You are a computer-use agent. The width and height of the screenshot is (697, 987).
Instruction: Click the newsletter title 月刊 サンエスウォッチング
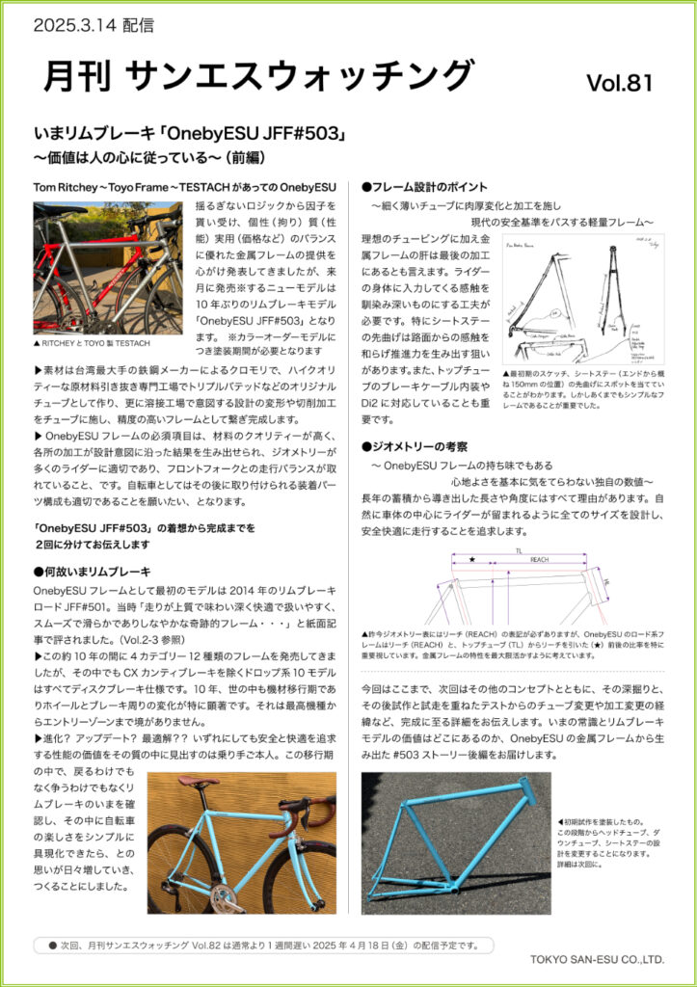(259, 76)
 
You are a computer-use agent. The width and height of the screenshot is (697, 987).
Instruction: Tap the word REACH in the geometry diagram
(538, 560)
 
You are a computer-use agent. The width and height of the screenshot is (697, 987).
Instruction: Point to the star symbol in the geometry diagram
(471, 559)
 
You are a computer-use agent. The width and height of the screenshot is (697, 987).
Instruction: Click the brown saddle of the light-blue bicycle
(198, 782)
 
